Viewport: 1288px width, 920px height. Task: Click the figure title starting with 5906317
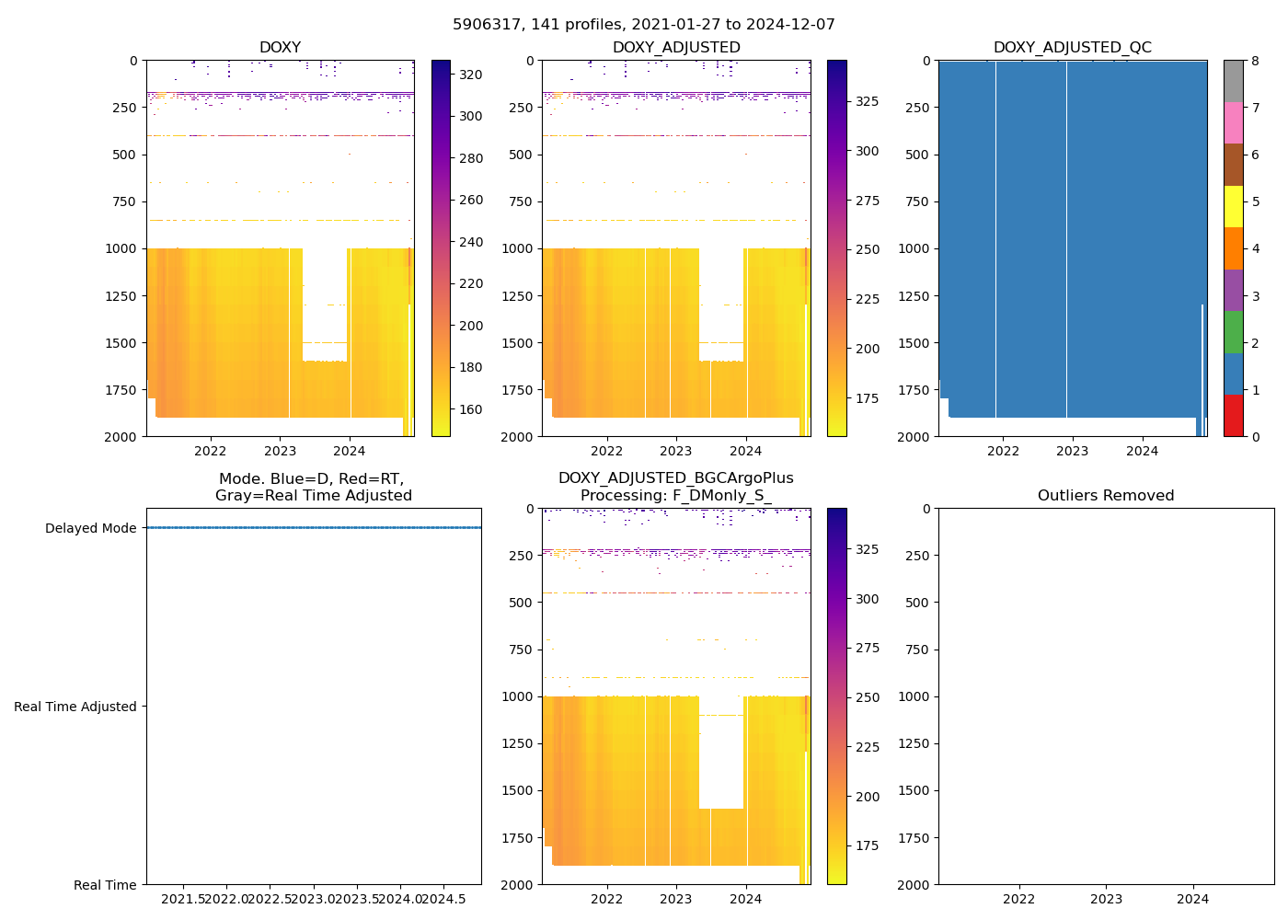click(x=644, y=25)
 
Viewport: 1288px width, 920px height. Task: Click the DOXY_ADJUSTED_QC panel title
click(x=1072, y=48)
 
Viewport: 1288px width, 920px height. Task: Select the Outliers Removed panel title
click(x=1106, y=496)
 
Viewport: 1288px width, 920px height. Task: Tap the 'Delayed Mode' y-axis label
click(x=90, y=528)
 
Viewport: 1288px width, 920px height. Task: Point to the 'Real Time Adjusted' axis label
click(x=75, y=707)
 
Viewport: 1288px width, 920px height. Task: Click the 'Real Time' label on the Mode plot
click(x=105, y=885)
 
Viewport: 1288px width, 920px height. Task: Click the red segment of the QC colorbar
click(x=1233, y=416)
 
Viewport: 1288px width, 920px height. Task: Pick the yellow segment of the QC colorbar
click(x=1233, y=207)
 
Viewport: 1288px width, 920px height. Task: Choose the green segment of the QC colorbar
click(x=1233, y=332)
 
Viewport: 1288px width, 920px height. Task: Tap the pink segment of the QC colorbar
click(x=1233, y=123)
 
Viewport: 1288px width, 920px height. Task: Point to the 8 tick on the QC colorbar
click(x=1255, y=61)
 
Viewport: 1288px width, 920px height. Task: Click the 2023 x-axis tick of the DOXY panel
click(x=280, y=451)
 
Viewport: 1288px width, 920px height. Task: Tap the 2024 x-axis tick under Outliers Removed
click(x=1193, y=899)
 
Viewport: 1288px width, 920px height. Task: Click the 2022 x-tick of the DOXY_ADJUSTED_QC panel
click(x=1003, y=451)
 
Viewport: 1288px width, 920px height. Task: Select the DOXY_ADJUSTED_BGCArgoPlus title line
click(x=675, y=478)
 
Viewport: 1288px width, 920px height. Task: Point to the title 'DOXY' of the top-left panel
click(x=280, y=48)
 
